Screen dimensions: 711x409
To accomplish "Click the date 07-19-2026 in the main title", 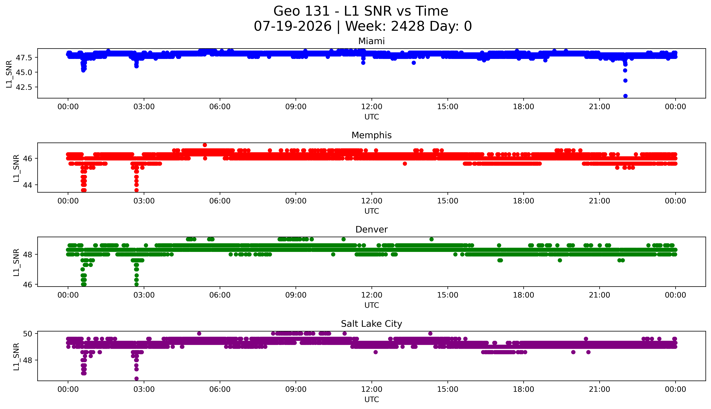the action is click(292, 26).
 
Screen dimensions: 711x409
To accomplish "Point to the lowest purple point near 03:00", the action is click(136, 378).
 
